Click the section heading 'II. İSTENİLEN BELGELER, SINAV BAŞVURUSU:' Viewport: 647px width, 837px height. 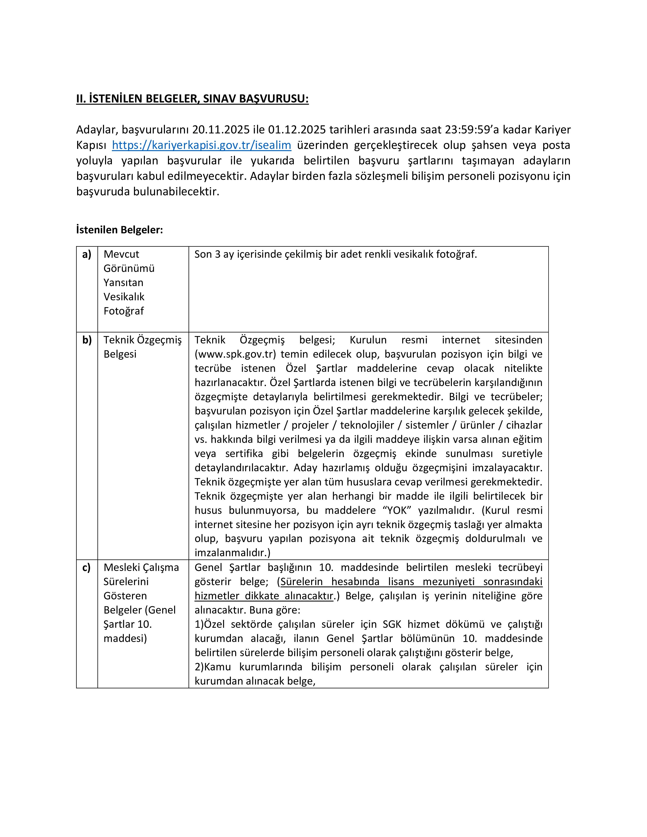click(x=192, y=99)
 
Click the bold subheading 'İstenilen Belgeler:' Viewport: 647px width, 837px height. click(x=120, y=230)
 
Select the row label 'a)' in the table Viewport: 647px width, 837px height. click(x=87, y=254)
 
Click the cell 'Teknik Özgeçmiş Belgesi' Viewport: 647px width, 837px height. click(x=143, y=347)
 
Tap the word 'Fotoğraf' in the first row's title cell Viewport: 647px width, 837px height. click(x=123, y=311)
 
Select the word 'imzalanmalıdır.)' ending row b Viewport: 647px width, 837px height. click(x=232, y=553)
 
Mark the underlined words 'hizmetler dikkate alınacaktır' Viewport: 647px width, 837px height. click(x=264, y=596)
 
